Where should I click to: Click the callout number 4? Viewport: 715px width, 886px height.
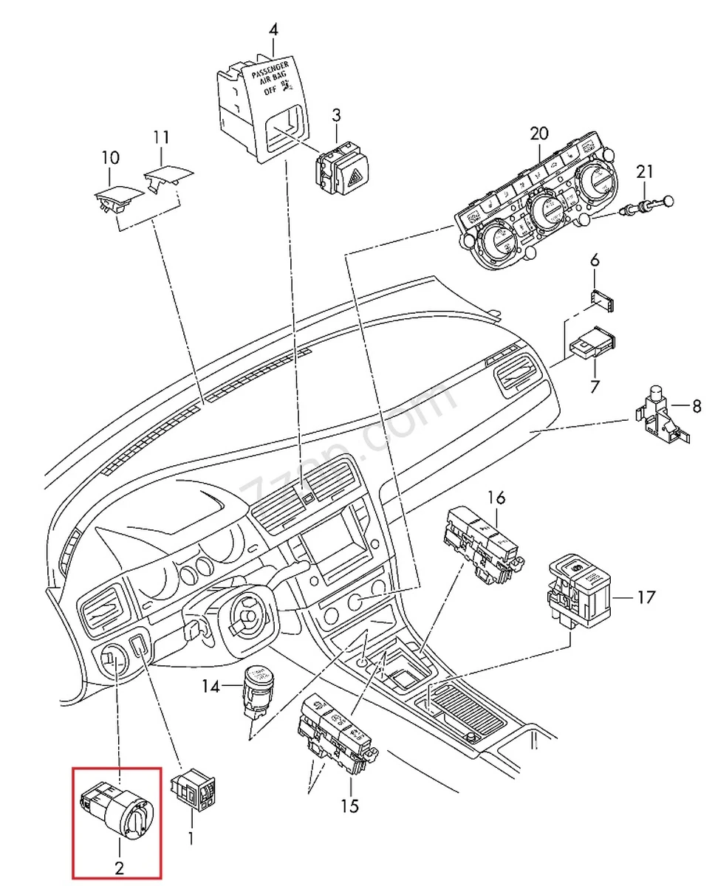[x=274, y=30]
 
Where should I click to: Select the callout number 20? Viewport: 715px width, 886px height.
[x=539, y=134]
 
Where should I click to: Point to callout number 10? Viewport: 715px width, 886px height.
[x=110, y=157]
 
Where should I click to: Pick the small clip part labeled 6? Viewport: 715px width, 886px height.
[x=603, y=302]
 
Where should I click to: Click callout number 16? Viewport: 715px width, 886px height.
[x=496, y=498]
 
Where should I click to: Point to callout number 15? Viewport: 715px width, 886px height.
[x=349, y=806]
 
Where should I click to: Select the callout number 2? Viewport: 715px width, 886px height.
[x=119, y=868]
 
